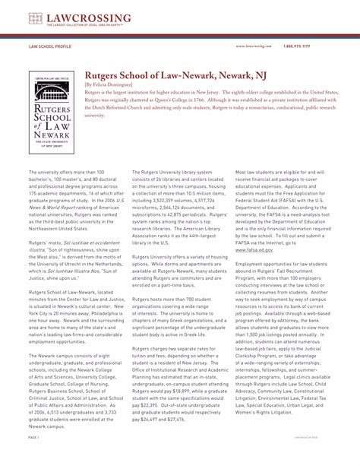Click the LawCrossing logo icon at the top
coord(34,18)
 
